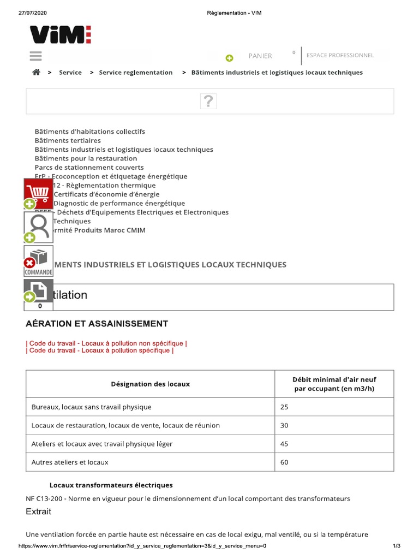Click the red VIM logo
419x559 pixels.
pos(60,35)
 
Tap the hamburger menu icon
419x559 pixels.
pos(35,56)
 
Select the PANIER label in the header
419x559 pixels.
pos(260,56)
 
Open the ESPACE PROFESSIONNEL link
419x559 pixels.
pos(340,55)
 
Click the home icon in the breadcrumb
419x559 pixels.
pos(36,72)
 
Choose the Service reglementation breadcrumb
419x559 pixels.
pos(135,72)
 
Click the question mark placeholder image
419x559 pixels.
pos(208,101)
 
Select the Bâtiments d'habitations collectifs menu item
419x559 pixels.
pos(90,132)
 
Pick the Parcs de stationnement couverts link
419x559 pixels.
pos(89,168)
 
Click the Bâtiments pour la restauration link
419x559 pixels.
pos(86,158)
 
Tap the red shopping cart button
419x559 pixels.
pos(39,193)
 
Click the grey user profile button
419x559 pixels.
pos(39,226)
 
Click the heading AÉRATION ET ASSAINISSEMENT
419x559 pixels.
pos(97,324)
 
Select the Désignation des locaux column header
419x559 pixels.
pos(150,384)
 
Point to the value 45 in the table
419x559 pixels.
pos(284,444)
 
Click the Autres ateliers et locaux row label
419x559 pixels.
pos(70,462)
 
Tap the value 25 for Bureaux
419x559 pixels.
pos(284,407)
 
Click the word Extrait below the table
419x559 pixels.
pos(39,512)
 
